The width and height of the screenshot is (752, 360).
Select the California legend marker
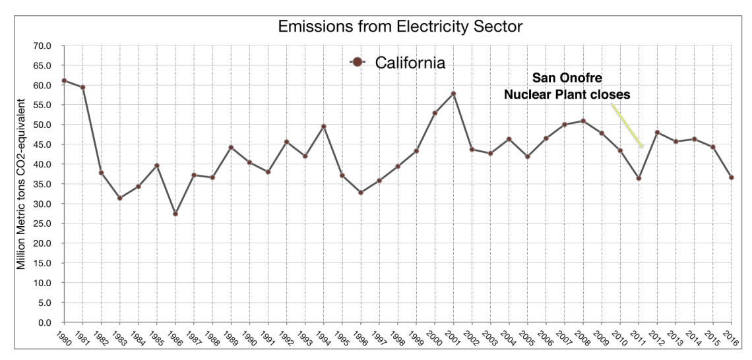(x=358, y=63)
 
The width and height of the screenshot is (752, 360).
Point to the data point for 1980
(x=64, y=80)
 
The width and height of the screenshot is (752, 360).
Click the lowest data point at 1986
(x=175, y=214)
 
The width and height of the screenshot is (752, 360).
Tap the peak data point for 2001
(x=453, y=94)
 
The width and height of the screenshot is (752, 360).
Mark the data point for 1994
(x=324, y=127)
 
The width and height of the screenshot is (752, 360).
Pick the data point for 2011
(x=639, y=178)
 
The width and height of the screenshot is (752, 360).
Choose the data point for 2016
(x=731, y=177)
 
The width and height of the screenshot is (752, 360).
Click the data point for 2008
(x=583, y=121)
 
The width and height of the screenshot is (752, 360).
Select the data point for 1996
(x=361, y=193)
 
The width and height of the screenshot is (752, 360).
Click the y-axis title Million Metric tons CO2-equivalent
(x=22, y=184)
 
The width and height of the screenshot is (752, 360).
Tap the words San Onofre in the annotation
(x=567, y=79)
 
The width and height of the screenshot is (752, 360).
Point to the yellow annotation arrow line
(x=626, y=125)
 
